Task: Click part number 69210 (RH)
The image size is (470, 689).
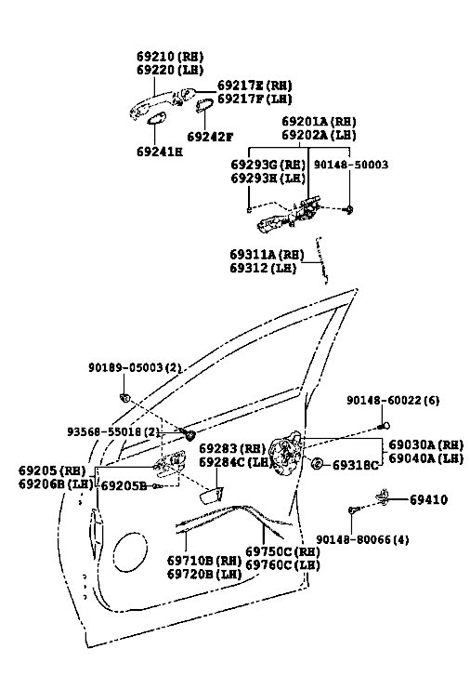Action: click(x=170, y=56)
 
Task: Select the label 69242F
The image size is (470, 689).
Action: click(x=210, y=137)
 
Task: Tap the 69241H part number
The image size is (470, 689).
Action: click(x=160, y=152)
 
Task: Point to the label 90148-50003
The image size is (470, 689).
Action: click(x=350, y=165)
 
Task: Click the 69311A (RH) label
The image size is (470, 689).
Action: click(x=267, y=255)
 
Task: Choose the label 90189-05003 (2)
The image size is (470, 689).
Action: click(x=135, y=367)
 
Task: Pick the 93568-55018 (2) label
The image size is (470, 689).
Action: click(x=113, y=432)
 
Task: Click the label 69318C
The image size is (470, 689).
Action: click(x=355, y=465)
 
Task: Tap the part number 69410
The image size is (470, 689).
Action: click(x=429, y=499)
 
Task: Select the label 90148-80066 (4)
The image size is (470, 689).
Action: click(x=362, y=539)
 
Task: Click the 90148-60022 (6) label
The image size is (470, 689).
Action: click(x=393, y=401)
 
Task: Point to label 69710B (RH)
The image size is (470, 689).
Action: click(x=204, y=561)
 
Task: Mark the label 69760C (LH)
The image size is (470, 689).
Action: click(x=282, y=564)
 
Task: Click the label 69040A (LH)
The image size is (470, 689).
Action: click(x=426, y=458)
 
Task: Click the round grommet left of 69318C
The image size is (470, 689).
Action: click(x=318, y=463)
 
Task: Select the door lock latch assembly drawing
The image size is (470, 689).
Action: click(x=285, y=454)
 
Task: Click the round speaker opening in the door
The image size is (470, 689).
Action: click(x=130, y=551)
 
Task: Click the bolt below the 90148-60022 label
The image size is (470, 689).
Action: click(x=384, y=426)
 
